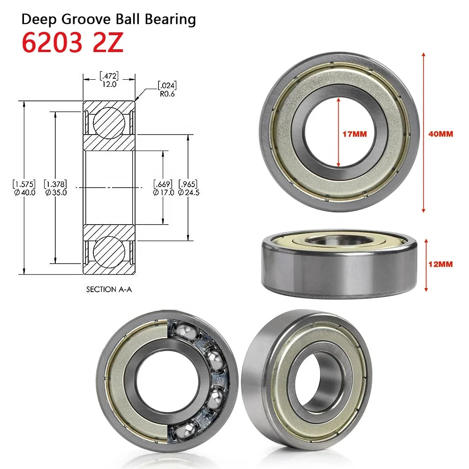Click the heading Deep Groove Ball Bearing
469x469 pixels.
(109, 19)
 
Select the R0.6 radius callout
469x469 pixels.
(167, 93)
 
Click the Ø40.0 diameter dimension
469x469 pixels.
(24, 192)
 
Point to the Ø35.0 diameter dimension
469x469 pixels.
(55, 192)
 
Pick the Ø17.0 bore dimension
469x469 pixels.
(164, 192)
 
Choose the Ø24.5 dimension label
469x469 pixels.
(189, 192)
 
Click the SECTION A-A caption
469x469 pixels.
(109, 289)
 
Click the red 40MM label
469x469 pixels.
(441, 134)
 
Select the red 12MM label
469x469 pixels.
(441, 265)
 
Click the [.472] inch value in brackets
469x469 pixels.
(109, 75)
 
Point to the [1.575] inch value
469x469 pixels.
(24, 184)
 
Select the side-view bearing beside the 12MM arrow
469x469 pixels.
(339, 265)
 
